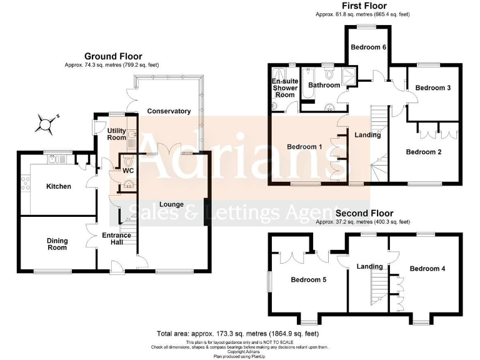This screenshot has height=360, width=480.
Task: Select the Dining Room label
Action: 57,244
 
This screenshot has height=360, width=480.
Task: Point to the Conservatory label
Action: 169,111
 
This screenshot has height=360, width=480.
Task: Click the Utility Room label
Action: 117,134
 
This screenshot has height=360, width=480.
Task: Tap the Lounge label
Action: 171,204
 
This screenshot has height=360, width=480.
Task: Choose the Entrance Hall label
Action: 117,239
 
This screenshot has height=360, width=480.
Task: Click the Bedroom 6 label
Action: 366,47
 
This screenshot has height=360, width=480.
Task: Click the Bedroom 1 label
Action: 304,147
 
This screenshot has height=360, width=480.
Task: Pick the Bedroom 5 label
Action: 309,280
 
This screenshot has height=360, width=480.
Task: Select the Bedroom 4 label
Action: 427,269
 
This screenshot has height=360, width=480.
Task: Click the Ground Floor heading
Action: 113,56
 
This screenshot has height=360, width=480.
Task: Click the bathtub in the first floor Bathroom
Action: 308,93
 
